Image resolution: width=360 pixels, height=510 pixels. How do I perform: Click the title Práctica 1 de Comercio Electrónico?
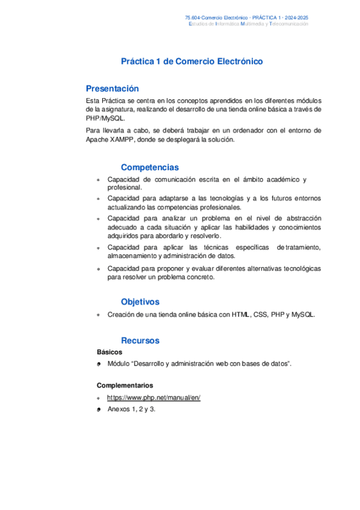click(x=192, y=61)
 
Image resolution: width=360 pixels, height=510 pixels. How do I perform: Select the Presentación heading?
click(x=112, y=88)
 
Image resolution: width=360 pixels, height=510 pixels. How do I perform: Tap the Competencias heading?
click(x=150, y=167)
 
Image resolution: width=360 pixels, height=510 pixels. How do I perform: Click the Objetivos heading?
click(x=140, y=302)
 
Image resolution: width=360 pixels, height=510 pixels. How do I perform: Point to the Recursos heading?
click(x=140, y=340)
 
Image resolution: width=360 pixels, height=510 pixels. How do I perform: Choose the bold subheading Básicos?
click(x=109, y=352)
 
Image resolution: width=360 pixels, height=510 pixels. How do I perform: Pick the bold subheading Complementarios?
click(x=125, y=386)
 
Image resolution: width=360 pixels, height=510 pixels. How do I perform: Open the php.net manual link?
click(x=153, y=398)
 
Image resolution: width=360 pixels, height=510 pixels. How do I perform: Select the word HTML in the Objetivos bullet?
click(x=242, y=315)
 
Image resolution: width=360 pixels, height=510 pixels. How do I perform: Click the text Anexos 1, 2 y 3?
click(x=132, y=409)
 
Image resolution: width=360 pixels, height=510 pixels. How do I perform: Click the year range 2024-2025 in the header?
click(x=296, y=19)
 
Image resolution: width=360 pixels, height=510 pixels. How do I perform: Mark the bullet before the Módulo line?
click(x=99, y=364)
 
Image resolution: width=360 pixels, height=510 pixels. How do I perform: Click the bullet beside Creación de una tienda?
click(x=99, y=315)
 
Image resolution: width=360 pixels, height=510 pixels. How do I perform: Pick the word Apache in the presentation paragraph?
click(x=98, y=140)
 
